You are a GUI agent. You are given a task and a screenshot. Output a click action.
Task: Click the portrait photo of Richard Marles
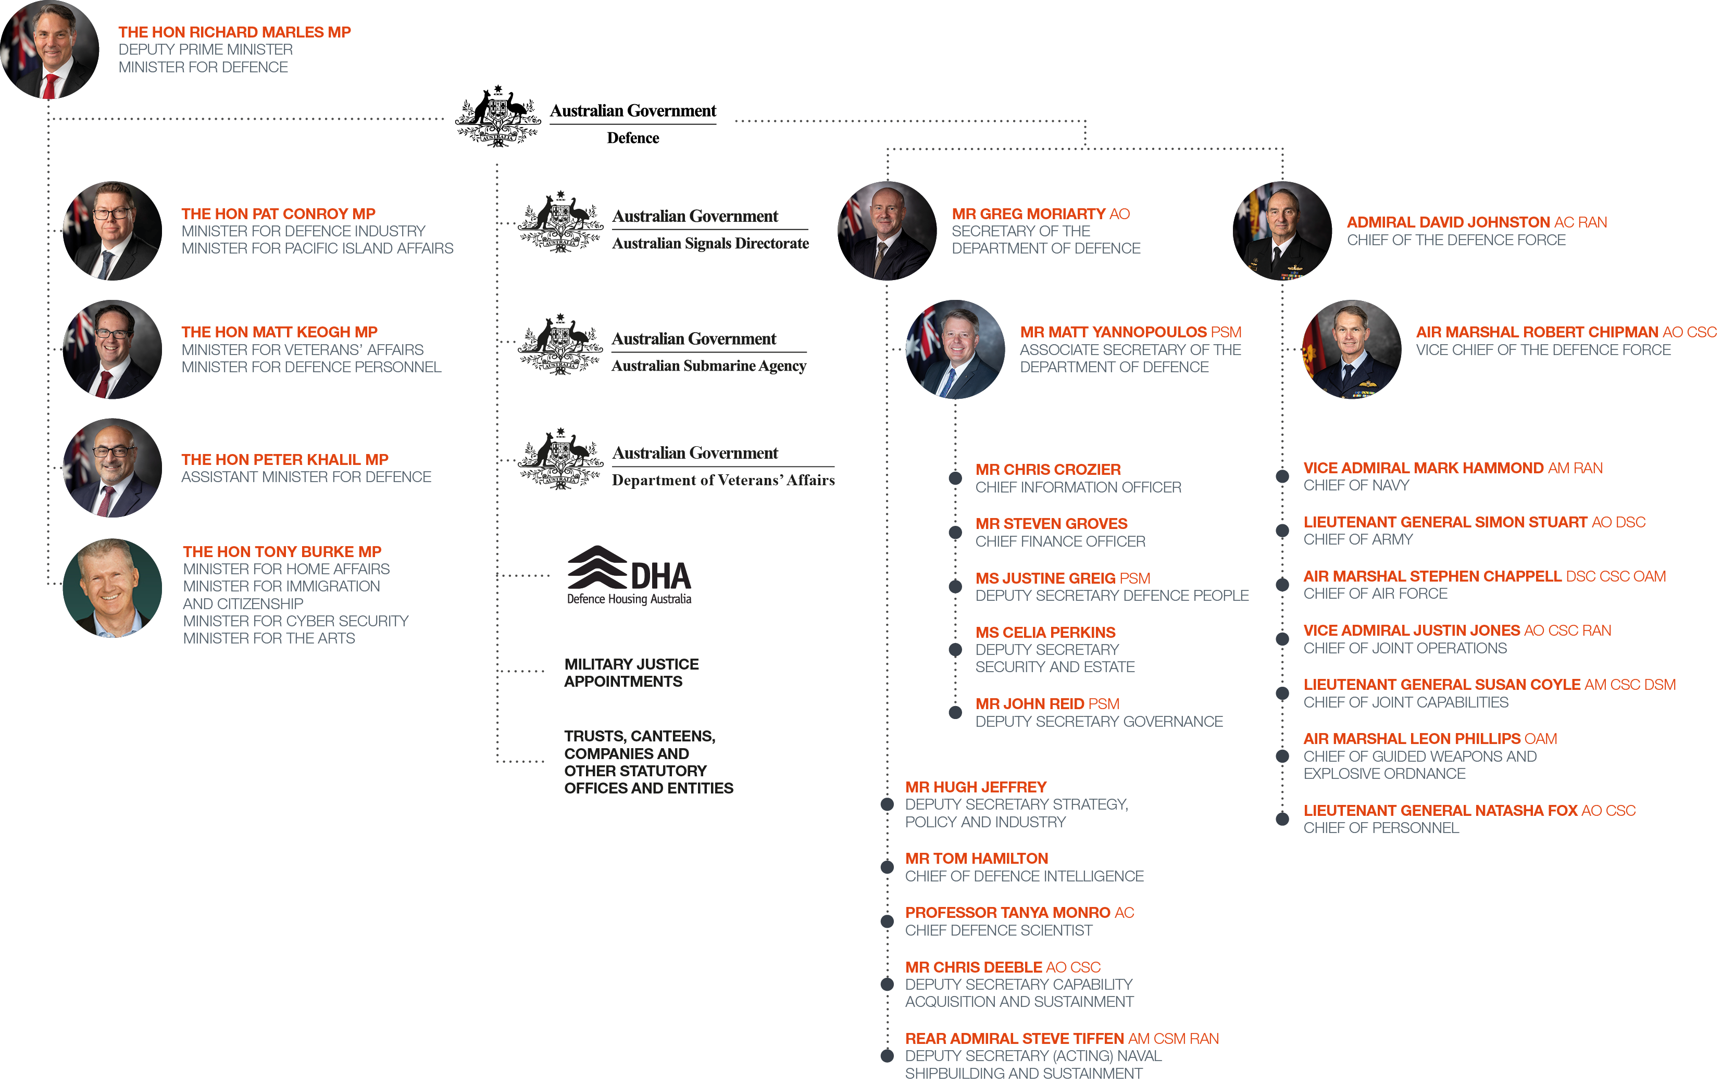tap(49, 49)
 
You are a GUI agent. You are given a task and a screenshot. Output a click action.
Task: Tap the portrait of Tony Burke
tap(113, 588)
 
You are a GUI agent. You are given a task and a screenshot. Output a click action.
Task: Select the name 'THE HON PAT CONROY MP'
tap(278, 213)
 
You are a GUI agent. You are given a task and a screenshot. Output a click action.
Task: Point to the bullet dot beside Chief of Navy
tap(1282, 476)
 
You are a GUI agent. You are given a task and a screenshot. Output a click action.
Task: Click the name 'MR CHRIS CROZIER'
tap(1047, 470)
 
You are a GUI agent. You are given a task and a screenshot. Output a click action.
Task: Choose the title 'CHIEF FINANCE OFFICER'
tap(1060, 541)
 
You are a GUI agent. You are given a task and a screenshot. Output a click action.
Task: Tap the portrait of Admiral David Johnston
tap(1282, 231)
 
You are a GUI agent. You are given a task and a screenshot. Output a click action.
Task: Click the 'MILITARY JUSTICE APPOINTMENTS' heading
tap(631, 673)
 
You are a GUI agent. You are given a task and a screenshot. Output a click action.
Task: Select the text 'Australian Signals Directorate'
tap(710, 244)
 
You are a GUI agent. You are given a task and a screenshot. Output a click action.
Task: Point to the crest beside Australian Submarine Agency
tap(561, 344)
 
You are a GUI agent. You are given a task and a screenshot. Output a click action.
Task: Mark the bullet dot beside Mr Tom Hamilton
tap(887, 867)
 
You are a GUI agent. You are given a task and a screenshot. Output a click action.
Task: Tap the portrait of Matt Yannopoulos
tap(955, 349)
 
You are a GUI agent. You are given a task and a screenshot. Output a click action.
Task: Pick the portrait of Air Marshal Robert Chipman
tap(1351, 349)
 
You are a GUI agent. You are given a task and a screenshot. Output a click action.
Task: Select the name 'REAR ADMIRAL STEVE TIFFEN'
tap(1014, 1039)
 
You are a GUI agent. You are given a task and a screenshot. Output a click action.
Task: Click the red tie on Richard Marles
tap(50, 86)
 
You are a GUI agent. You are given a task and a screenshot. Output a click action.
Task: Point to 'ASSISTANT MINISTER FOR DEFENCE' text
tap(306, 477)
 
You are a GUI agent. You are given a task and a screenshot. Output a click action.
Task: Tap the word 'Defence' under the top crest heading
tap(632, 137)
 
